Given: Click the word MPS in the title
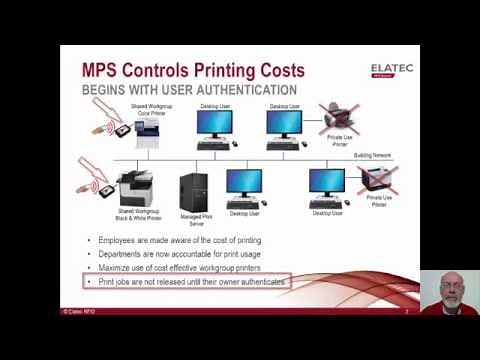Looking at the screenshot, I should (104, 71).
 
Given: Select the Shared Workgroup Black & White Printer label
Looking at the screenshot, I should (138, 217).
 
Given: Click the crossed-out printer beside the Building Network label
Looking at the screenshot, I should (378, 182).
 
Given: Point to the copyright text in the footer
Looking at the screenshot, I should (81, 312).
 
